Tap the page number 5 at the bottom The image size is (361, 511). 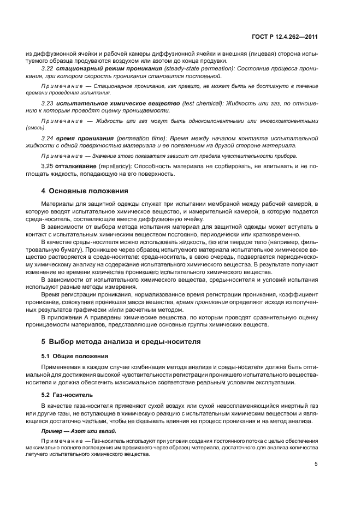click(x=316, y=464)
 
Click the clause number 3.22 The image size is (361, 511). click(x=47, y=68)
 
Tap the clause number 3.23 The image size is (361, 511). click(x=47, y=103)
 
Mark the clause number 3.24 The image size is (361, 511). click(x=47, y=139)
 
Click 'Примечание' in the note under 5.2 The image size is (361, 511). click(x=59, y=440)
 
